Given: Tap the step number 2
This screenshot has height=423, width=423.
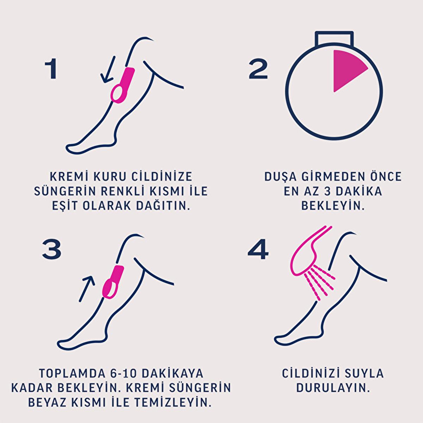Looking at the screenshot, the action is (258, 69).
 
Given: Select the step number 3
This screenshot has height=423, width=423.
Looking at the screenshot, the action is (51, 249).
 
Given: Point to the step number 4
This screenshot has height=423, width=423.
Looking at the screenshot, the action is (258, 249).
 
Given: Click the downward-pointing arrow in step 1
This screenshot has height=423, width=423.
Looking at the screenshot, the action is (108, 69).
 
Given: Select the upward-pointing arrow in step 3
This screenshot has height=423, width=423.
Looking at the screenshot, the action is (87, 288).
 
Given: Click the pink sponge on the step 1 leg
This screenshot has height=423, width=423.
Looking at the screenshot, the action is (122, 85).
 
